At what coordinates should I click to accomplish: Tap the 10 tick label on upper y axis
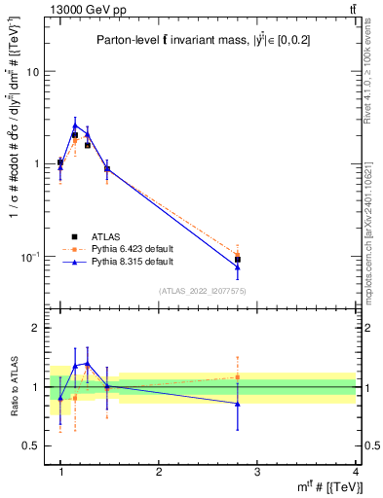click(x=31, y=73)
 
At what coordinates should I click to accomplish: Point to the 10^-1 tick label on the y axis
click(x=29, y=257)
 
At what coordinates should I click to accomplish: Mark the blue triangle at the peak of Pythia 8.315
click(x=75, y=124)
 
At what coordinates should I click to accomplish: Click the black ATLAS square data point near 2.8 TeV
click(x=238, y=260)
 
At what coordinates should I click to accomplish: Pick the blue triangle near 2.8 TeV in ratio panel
click(x=238, y=403)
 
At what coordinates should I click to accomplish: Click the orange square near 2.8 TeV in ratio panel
click(x=238, y=376)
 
